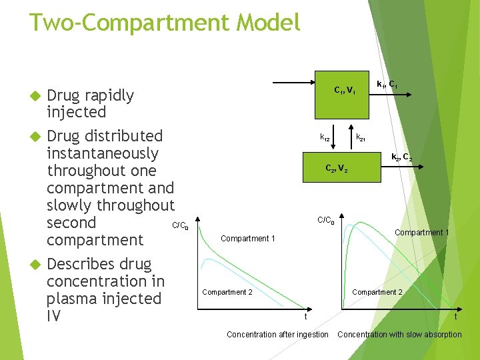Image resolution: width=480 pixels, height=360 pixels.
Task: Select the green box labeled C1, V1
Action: point(345,90)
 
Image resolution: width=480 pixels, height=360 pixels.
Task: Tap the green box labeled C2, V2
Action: point(337,168)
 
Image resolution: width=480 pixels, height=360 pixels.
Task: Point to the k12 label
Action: point(325,138)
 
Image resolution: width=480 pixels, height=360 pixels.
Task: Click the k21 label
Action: point(360,138)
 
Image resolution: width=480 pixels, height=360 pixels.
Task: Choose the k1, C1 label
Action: point(387,85)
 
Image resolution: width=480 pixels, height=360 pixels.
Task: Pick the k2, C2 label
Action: point(401,158)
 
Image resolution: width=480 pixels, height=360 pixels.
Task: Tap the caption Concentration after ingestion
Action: point(277,335)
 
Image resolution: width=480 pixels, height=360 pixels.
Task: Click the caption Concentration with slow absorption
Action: point(399,335)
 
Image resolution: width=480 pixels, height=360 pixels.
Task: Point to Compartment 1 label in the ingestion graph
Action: point(247,239)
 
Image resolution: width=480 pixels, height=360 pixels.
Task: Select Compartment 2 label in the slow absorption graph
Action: point(377,292)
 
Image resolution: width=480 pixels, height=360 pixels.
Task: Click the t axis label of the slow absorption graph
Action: point(456,317)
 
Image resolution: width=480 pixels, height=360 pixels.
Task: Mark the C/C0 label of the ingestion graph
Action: point(180,226)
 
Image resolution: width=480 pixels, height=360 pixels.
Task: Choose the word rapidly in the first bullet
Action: point(109,95)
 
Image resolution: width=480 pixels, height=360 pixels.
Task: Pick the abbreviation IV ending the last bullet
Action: point(54,316)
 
